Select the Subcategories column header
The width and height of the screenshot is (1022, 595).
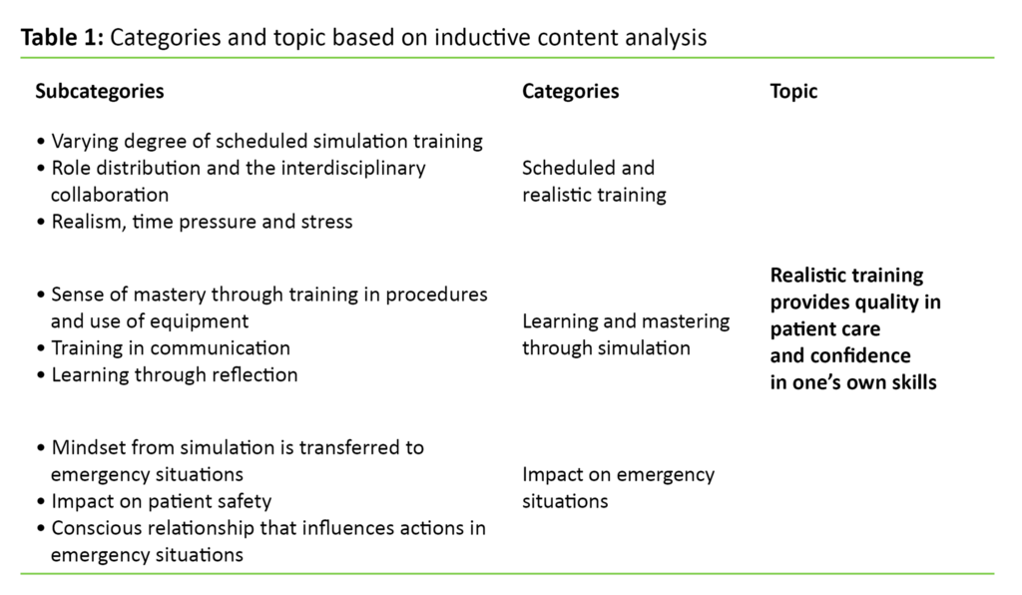pyautogui.click(x=100, y=92)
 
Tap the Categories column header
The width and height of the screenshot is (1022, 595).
pyautogui.click(x=570, y=92)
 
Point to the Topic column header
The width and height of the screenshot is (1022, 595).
pyautogui.click(x=793, y=92)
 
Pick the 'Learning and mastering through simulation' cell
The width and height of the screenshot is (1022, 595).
pyautogui.click(x=626, y=334)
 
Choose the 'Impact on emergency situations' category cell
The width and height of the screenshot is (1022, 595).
pyautogui.click(x=618, y=487)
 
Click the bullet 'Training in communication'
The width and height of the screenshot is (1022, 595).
pyautogui.click(x=170, y=348)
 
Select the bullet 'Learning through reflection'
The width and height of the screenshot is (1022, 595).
pyautogui.click(x=174, y=375)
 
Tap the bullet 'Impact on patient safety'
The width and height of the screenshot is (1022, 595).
pyautogui.click(x=161, y=501)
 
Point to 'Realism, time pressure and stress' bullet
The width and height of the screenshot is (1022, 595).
pyautogui.click(x=201, y=222)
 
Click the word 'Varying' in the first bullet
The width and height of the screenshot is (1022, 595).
pyautogui.click(x=83, y=141)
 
